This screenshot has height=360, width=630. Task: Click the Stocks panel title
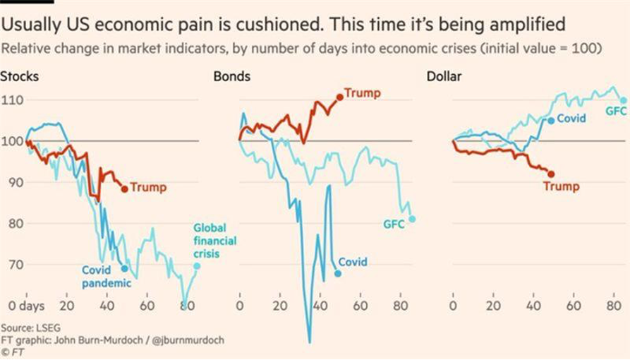20,76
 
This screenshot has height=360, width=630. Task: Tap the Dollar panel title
444,76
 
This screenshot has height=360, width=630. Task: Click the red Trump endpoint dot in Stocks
125,188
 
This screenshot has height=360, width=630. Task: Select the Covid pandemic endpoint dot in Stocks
125,268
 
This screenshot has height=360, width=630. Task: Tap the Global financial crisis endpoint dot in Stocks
197,266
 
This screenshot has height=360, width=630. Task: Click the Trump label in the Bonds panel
362,93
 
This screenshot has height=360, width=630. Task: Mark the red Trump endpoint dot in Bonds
340,97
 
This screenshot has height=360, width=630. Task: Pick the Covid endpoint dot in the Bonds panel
338,273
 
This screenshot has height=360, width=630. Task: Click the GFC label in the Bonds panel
394,224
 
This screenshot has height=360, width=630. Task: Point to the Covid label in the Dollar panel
571,119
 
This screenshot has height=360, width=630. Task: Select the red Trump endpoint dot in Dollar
551,174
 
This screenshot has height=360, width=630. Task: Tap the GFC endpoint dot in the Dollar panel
622,100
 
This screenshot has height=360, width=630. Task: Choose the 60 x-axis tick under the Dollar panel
573,307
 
